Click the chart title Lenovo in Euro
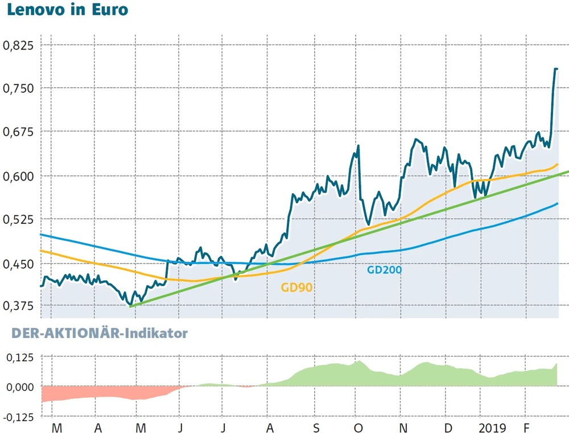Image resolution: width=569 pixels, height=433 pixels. [67, 10]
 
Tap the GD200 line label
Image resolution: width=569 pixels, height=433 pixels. [384, 269]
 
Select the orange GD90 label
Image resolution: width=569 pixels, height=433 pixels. [296, 287]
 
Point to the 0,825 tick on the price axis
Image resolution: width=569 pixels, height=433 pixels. [19, 46]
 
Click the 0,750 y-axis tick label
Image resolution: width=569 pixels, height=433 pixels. [19, 89]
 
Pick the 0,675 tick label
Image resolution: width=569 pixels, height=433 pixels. [19, 133]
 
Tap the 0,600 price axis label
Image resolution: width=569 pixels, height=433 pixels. [19, 177]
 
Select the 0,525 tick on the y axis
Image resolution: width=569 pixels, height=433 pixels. [19, 220]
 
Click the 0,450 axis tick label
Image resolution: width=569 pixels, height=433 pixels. [19, 264]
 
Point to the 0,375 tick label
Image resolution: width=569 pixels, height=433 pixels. [19, 307]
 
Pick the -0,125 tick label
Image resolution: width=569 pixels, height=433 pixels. [18, 417]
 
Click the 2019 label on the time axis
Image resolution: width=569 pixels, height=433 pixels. [493, 427]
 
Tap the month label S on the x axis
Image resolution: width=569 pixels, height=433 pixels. [316, 427]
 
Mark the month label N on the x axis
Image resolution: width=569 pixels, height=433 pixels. [402, 427]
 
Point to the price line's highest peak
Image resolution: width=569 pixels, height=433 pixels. [555, 69]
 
